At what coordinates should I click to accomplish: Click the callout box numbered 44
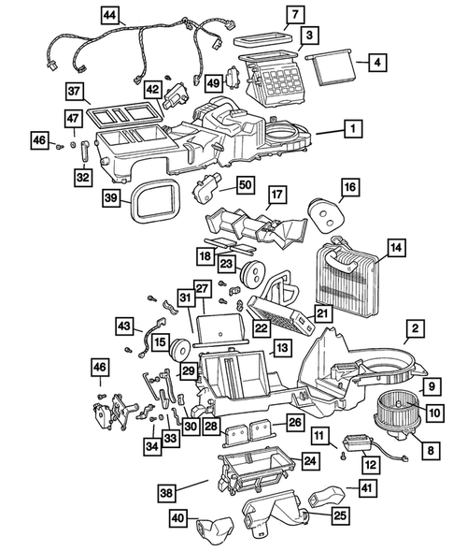point(110,15)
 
